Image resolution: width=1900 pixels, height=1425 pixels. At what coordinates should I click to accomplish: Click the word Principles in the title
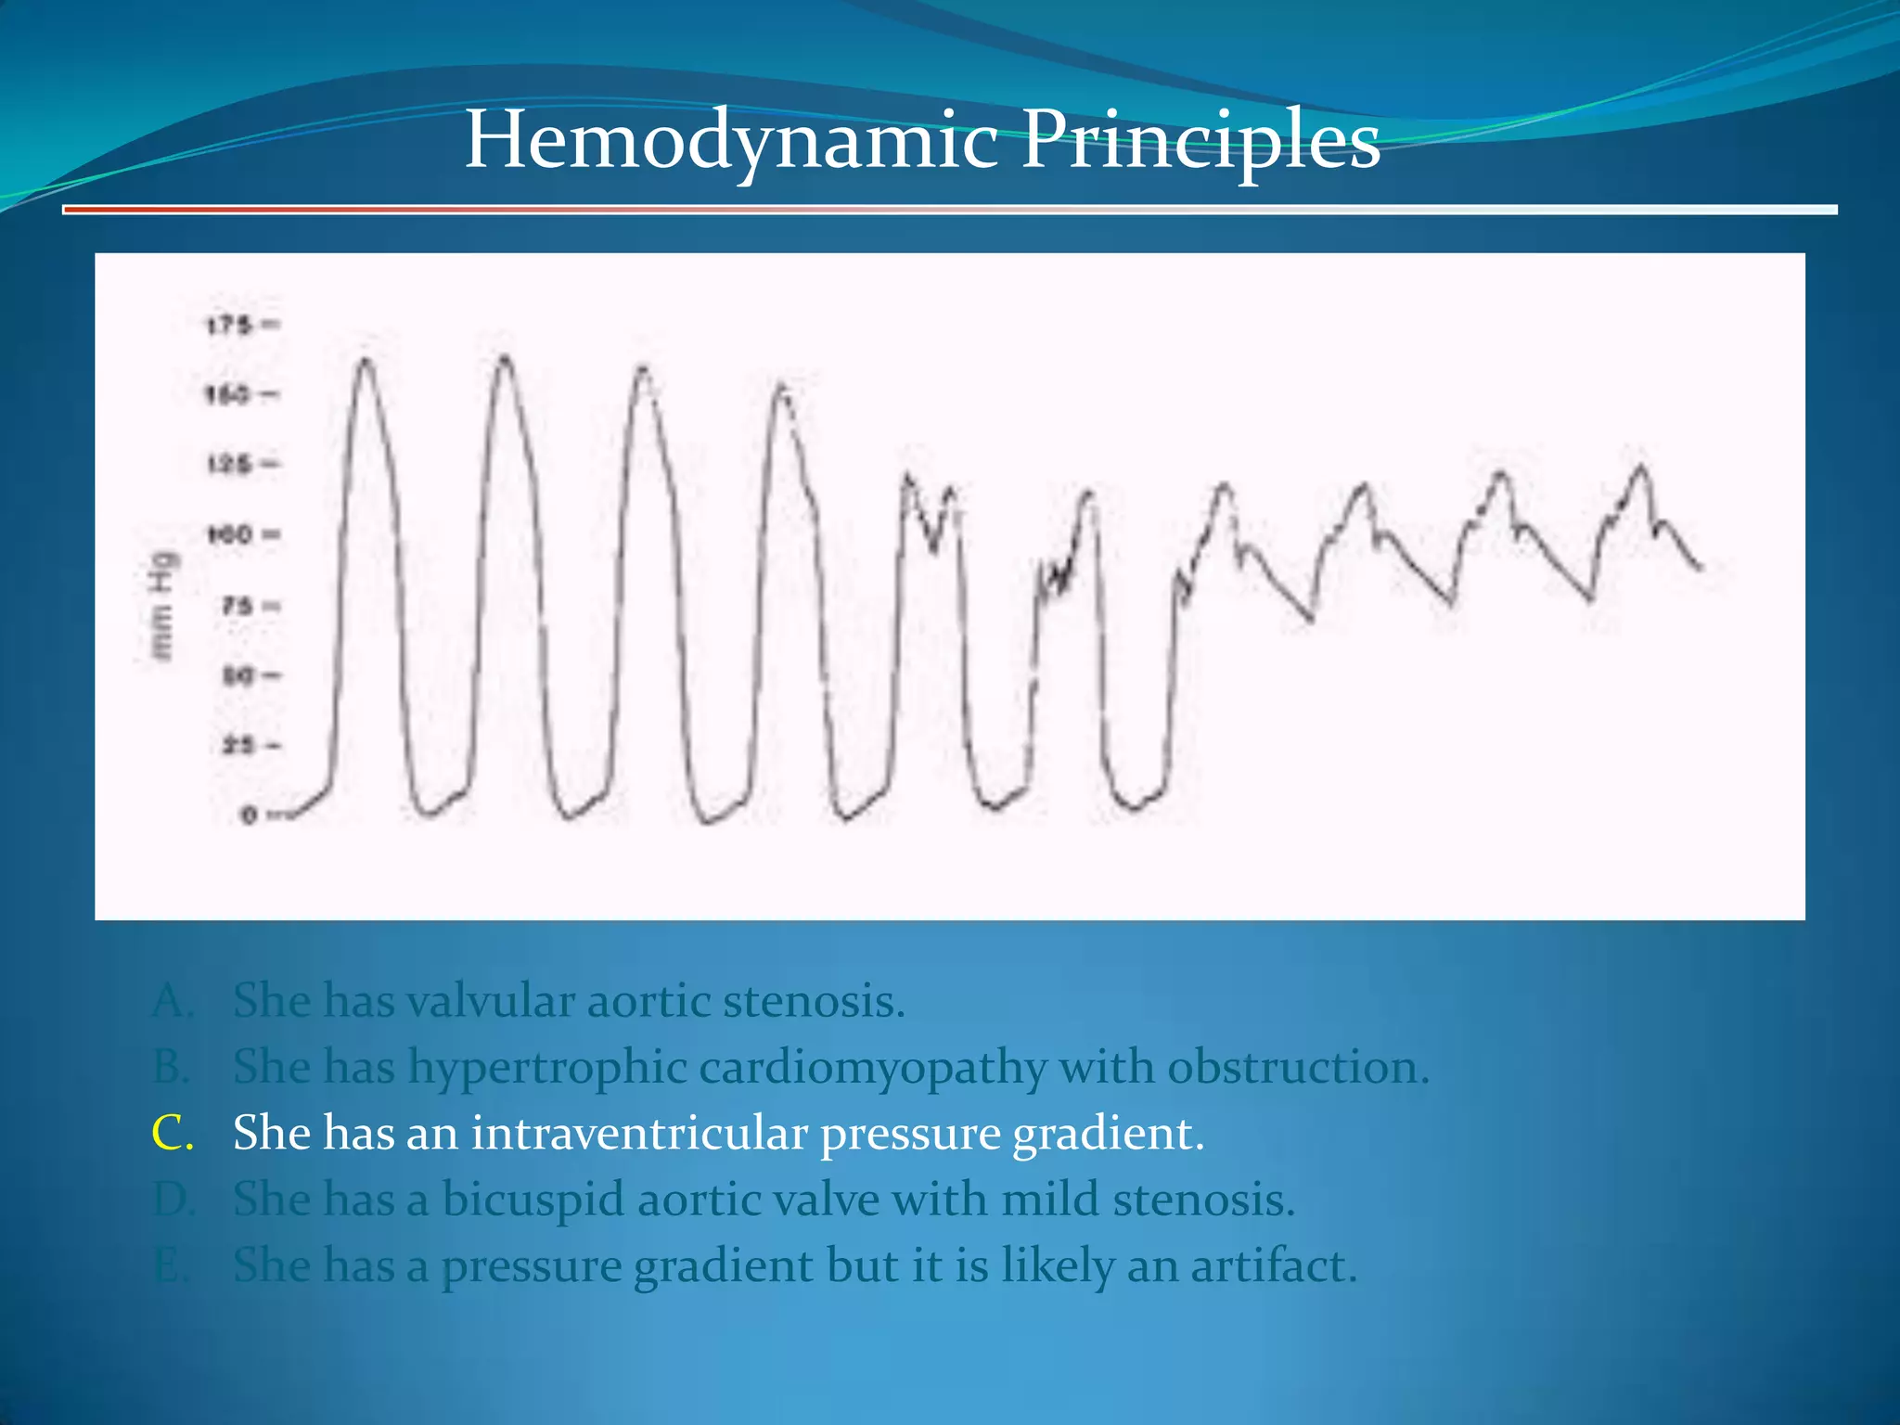pyautogui.click(x=1200, y=141)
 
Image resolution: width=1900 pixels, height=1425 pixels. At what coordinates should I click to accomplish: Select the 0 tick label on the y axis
pyautogui.click(x=249, y=815)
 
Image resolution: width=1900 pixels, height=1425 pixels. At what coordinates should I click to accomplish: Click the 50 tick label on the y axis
pyautogui.click(x=237, y=675)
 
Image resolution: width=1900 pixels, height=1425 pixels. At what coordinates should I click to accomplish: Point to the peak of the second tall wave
pyautogui.click(x=505, y=357)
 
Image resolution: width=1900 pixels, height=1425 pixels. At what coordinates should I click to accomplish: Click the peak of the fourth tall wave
pyautogui.click(x=782, y=386)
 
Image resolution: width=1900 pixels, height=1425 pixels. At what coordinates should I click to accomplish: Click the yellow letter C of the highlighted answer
pyautogui.click(x=173, y=1134)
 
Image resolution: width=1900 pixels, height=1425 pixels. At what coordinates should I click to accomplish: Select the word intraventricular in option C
pyautogui.click(x=639, y=1134)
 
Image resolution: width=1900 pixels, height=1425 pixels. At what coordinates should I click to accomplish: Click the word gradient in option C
pyautogui.click(x=1108, y=1134)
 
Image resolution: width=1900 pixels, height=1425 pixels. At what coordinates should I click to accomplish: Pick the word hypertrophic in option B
pyautogui.click(x=547, y=1068)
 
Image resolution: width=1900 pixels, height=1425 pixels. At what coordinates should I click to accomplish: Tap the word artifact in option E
pyautogui.click(x=1274, y=1265)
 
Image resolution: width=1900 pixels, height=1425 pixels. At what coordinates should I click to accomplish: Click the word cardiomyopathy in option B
pyautogui.click(x=872, y=1068)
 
